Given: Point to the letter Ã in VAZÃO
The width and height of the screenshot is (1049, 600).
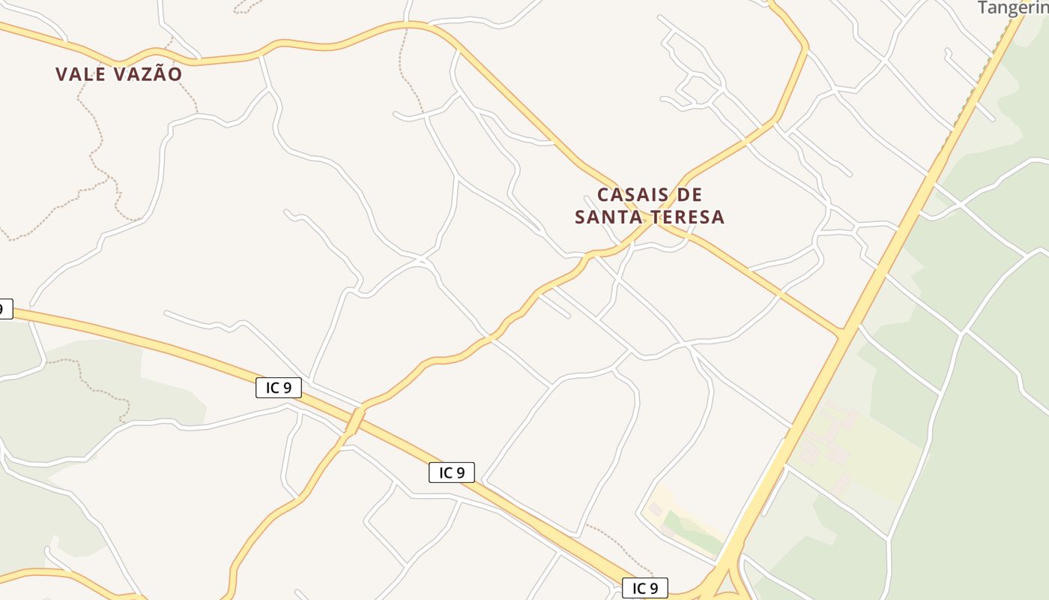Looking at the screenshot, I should pyautogui.click(x=158, y=74).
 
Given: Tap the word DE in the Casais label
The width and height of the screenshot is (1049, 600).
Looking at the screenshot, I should pyautogui.click(x=690, y=195).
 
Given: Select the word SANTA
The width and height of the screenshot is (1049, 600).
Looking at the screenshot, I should pyautogui.click(x=605, y=217).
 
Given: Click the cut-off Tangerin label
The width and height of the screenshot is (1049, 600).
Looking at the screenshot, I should pyautogui.click(x=1012, y=8).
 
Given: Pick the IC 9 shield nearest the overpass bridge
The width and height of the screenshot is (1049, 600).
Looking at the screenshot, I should pyautogui.click(x=279, y=388).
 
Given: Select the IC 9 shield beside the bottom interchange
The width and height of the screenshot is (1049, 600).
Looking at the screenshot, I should pyautogui.click(x=644, y=588).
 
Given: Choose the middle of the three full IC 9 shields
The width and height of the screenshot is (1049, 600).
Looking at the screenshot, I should pyautogui.click(x=452, y=472).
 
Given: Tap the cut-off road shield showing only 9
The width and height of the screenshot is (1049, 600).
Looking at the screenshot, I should pyautogui.click(x=5, y=308).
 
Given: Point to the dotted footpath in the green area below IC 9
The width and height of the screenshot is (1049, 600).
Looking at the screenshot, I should pyautogui.click(x=97, y=382).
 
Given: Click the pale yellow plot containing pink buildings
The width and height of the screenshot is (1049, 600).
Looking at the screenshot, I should pyautogui.click(x=862, y=450).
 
